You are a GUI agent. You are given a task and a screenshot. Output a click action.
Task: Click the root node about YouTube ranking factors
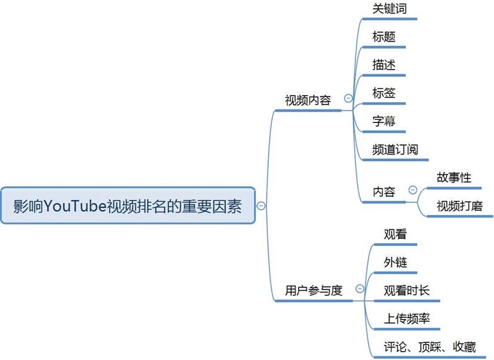[x=128, y=206]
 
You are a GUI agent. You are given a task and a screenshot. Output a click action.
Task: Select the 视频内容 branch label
[x=307, y=100]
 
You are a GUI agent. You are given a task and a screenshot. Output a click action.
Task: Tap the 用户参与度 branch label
[x=314, y=290]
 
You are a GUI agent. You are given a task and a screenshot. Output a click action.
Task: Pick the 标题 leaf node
[x=384, y=37]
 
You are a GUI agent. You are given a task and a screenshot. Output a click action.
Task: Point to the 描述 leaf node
[x=384, y=65]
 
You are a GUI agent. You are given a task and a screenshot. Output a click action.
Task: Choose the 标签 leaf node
[x=384, y=93]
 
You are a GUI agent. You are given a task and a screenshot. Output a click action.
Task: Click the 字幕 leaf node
[x=384, y=122]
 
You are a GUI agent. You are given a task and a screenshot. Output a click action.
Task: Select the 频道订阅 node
[x=396, y=150]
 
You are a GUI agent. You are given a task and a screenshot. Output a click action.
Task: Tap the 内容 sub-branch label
[x=384, y=192]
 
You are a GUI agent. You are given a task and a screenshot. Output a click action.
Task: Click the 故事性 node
[x=454, y=178]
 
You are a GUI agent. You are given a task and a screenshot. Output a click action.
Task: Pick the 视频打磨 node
[x=459, y=206]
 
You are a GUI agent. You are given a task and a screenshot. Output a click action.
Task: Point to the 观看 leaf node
[x=395, y=235]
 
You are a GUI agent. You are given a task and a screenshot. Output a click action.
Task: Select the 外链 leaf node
[x=395, y=262]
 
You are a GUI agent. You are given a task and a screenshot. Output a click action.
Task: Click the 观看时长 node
[x=407, y=291]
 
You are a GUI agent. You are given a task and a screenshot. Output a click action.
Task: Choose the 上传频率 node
[x=407, y=318]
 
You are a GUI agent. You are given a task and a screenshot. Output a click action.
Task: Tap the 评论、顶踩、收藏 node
[x=430, y=347]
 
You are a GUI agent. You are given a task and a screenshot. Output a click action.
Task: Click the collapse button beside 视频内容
[x=348, y=98]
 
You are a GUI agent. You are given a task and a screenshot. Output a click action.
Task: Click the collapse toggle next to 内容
[x=413, y=190]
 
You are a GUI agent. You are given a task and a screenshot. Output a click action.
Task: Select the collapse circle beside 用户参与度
[x=360, y=289]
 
